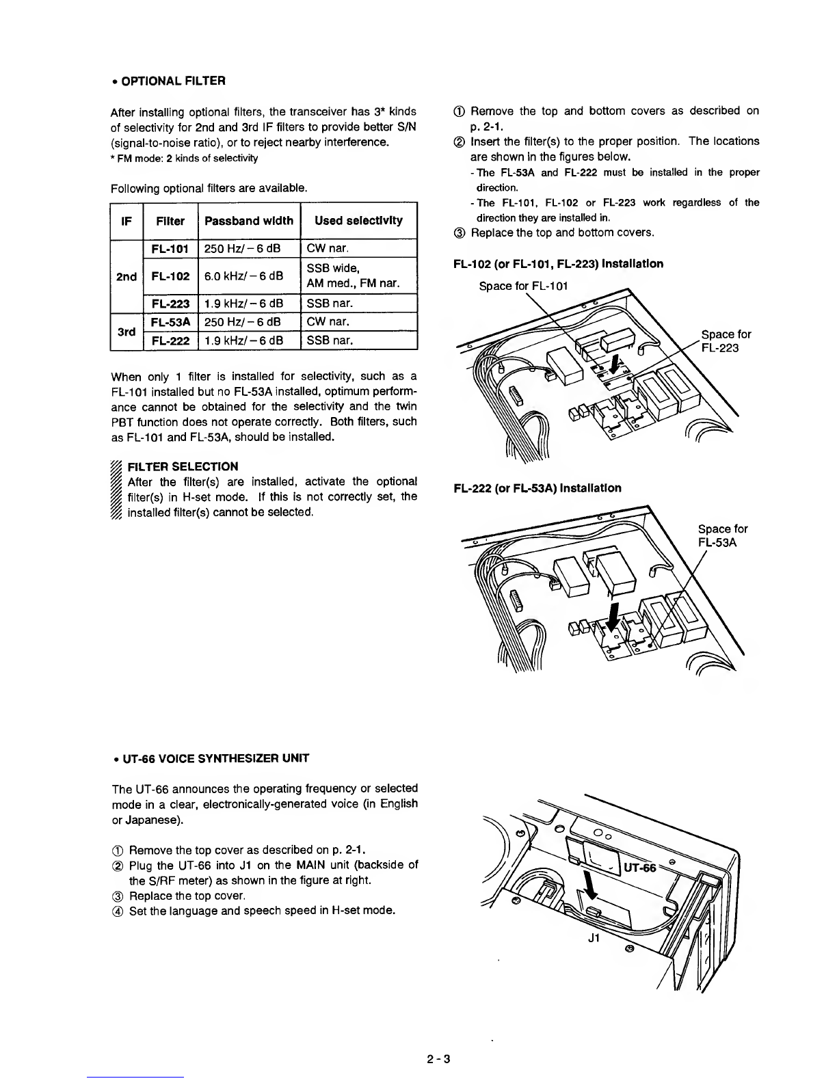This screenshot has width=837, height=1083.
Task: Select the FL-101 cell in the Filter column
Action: (170, 248)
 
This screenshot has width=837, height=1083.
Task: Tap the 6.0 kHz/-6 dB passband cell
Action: (248, 276)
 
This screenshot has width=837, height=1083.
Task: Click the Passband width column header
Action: (248, 221)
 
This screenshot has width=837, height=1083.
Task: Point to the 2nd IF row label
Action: (126, 276)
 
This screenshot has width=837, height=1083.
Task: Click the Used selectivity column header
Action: (358, 221)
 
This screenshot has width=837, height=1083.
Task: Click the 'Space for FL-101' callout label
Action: (524, 285)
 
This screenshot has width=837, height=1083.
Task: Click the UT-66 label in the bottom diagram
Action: (639, 868)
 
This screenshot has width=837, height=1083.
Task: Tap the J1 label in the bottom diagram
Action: (594, 938)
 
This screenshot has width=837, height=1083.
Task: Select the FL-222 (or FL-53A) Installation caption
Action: (537, 488)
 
